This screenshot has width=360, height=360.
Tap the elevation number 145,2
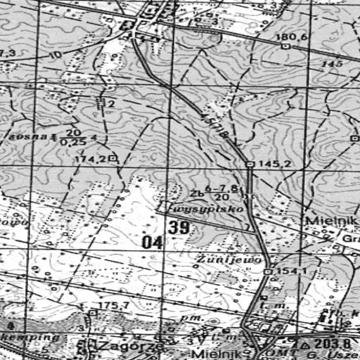coord(270,164)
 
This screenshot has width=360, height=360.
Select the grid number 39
coord(179,227)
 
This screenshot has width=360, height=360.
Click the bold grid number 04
coord(151,243)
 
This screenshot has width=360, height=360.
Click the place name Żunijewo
coord(215,259)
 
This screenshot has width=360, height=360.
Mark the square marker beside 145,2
coord(250,164)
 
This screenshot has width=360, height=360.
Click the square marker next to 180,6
coord(285,45)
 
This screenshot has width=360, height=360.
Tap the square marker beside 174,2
coord(112,160)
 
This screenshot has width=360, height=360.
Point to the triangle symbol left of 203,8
coord(305,346)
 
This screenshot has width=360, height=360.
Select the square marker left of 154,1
coord(269,271)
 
